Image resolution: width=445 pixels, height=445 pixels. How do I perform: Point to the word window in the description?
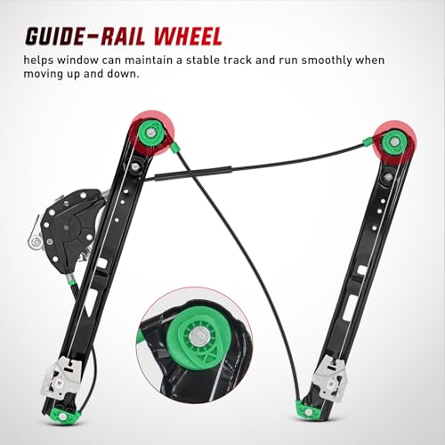point(78,61)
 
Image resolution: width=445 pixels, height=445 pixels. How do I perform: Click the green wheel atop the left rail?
point(151,132)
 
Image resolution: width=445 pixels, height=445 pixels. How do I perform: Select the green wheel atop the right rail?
point(393,142)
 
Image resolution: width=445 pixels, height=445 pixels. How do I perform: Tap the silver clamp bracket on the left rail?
point(61,376)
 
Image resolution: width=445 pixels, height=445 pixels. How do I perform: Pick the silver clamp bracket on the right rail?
point(332,375)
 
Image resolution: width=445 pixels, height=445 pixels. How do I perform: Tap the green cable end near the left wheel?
point(174,147)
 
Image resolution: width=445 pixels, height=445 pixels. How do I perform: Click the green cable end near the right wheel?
point(368,142)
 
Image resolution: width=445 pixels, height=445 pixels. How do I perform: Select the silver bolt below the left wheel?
point(136,166)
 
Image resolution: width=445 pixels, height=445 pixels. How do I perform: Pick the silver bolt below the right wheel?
point(387,178)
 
